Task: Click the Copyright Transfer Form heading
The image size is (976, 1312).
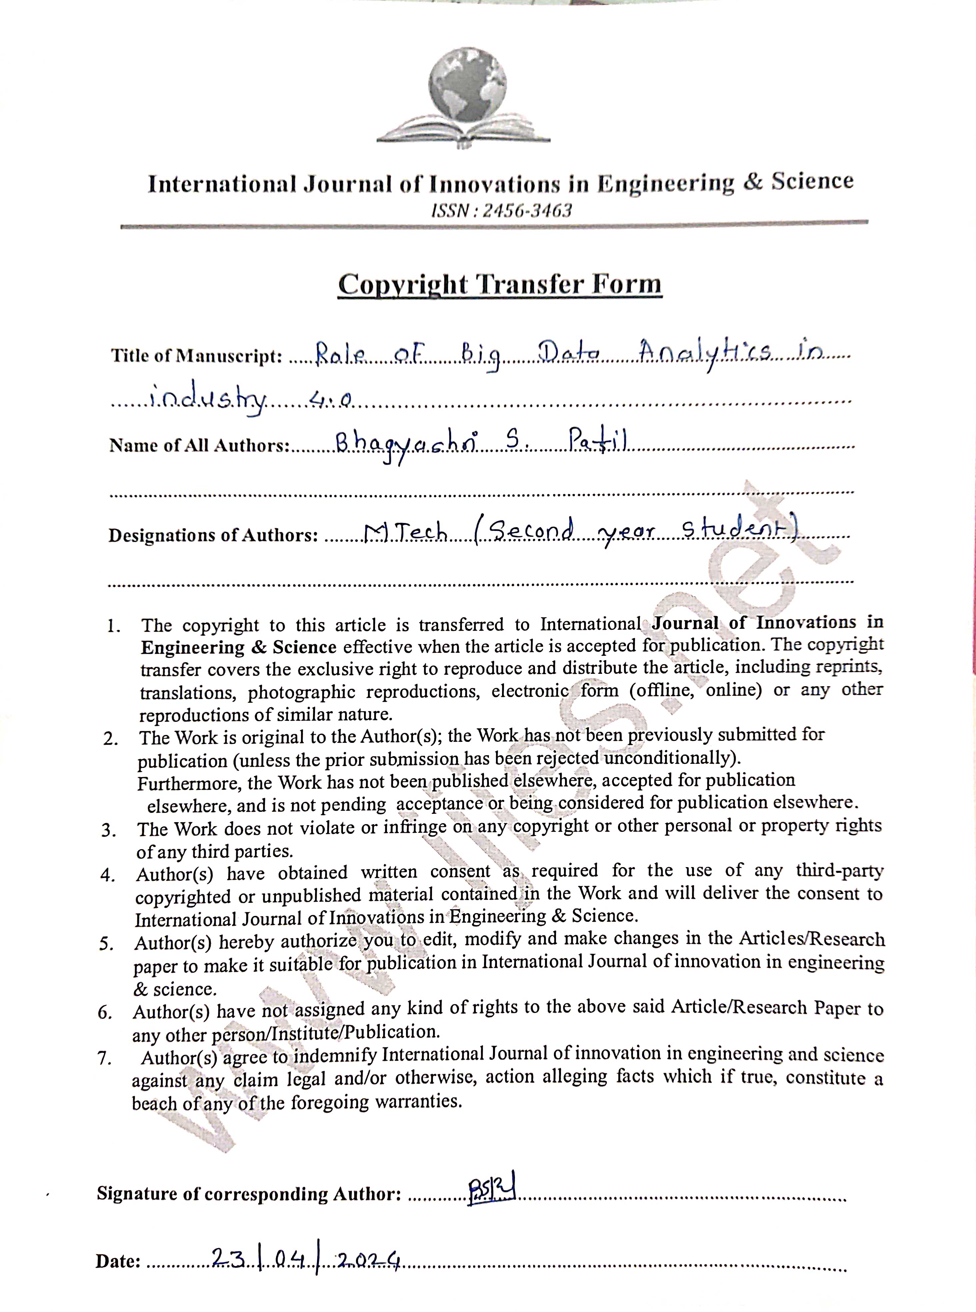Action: [499, 285]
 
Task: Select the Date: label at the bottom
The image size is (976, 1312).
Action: [118, 1262]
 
